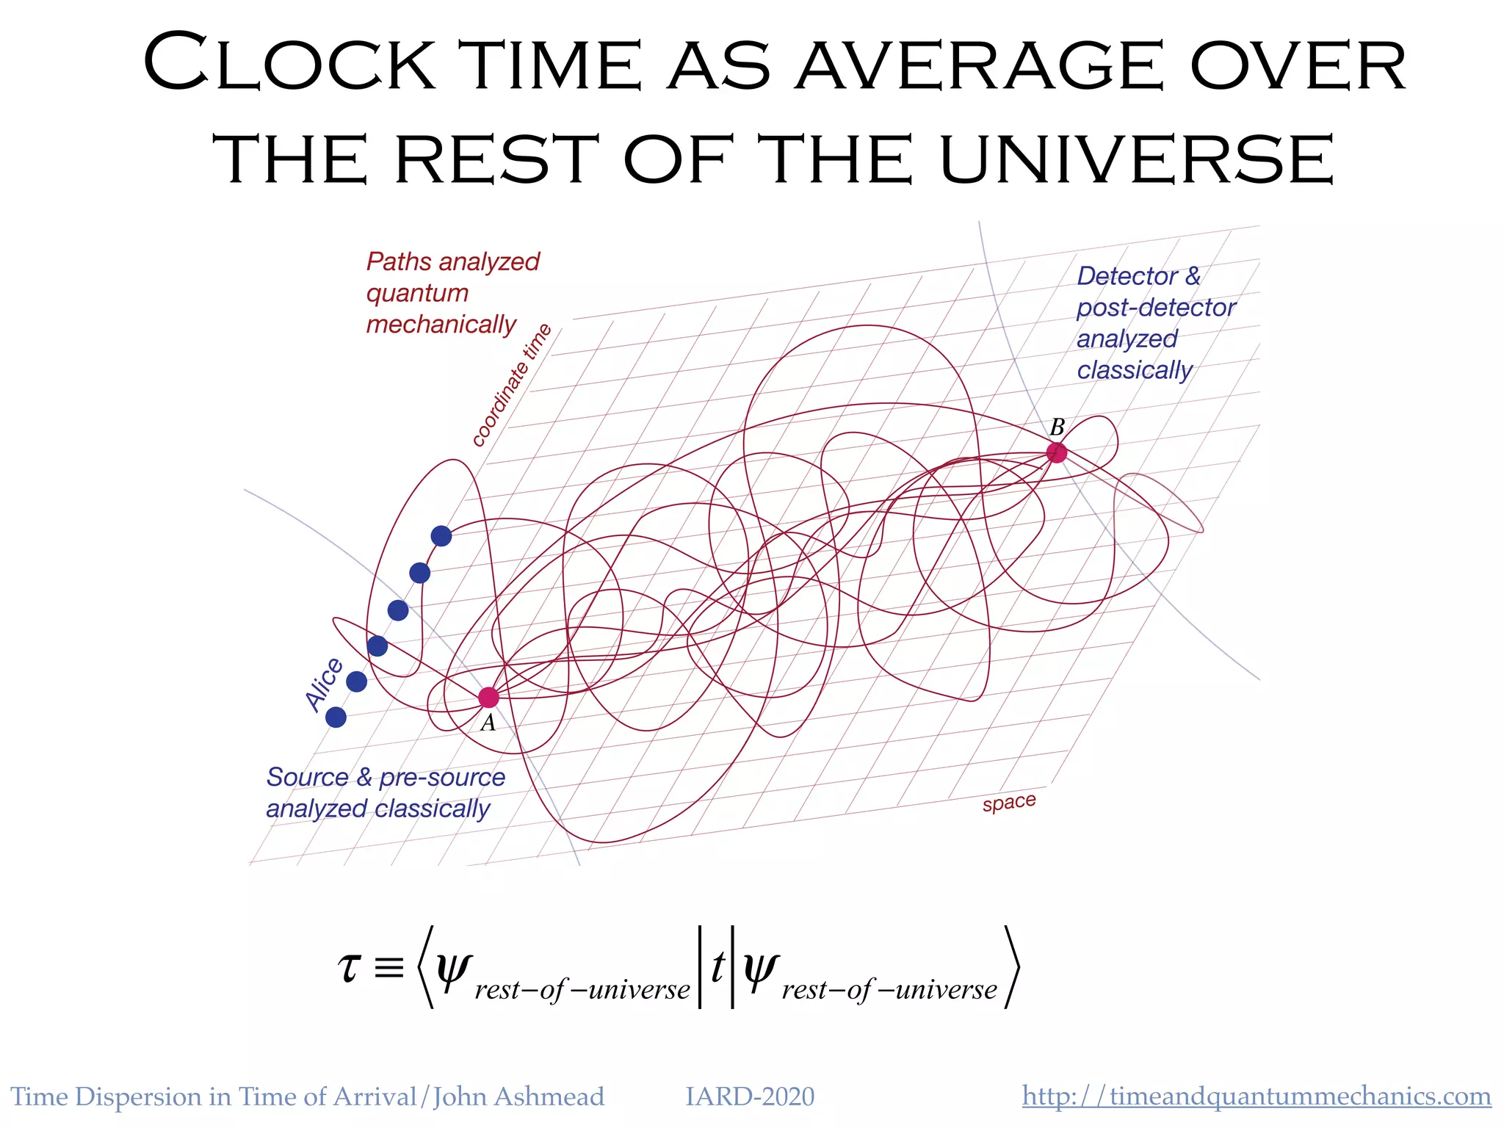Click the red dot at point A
488,697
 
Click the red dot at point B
1056,452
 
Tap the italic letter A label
488,724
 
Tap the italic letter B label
1057,427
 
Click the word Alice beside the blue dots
324,684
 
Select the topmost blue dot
441,536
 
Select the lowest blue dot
336,717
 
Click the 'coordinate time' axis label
511,385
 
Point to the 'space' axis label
1009,802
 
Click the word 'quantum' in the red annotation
417,293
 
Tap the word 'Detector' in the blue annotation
1127,276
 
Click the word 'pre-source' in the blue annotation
442,777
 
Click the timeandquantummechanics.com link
1257,1096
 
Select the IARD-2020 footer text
750,1096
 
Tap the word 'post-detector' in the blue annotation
1156,308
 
